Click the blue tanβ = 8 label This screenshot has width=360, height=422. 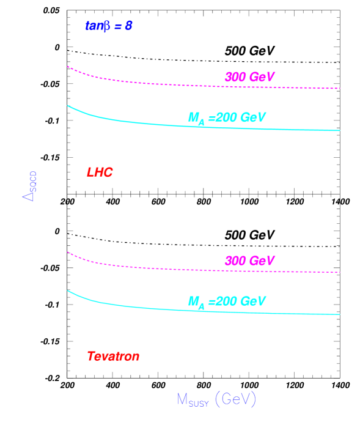108,26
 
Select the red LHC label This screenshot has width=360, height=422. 100,172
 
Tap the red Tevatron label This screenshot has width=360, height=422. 113,356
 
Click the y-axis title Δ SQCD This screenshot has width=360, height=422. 29,186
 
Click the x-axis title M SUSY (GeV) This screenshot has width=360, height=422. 216,400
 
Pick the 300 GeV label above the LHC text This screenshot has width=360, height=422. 249,77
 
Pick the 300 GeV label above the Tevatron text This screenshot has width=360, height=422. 249,261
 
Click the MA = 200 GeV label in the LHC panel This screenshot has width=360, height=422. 226,118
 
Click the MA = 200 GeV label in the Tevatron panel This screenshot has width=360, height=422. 226,302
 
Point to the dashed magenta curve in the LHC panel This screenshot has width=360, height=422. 153,83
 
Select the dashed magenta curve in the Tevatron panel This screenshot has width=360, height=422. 153,267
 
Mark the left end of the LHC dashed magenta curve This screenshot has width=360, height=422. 68,66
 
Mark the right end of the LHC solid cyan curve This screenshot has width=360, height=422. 339,130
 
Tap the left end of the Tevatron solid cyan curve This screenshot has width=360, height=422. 68,291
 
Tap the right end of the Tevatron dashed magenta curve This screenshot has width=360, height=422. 339,272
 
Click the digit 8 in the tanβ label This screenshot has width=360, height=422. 128,26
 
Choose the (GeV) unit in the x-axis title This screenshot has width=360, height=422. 235,400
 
